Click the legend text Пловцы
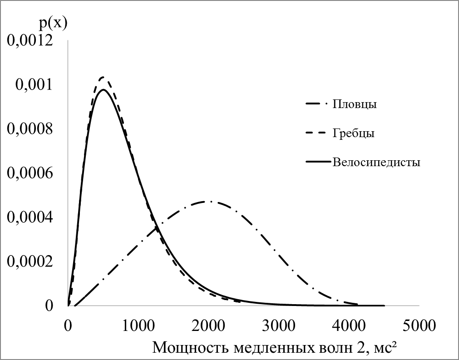pyautogui.click(x=355, y=104)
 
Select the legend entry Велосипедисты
pyautogui.click(x=376, y=162)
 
